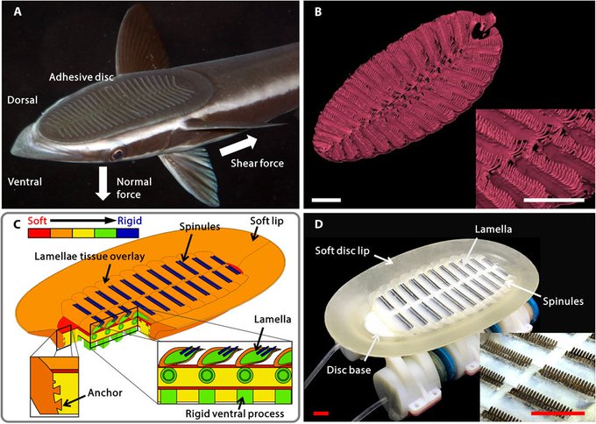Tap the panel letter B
tap(318, 13)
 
